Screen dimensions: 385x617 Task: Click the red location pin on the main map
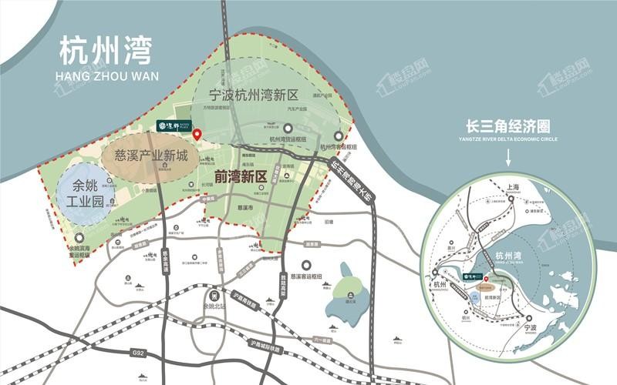click(x=197, y=135)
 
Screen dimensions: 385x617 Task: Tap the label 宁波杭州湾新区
click(x=254, y=96)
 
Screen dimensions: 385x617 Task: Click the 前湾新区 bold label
click(x=241, y=176)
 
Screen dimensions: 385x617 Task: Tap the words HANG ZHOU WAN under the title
click(x=100, y=76)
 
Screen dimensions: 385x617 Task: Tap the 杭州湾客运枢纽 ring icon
click(x=338, y=136)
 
